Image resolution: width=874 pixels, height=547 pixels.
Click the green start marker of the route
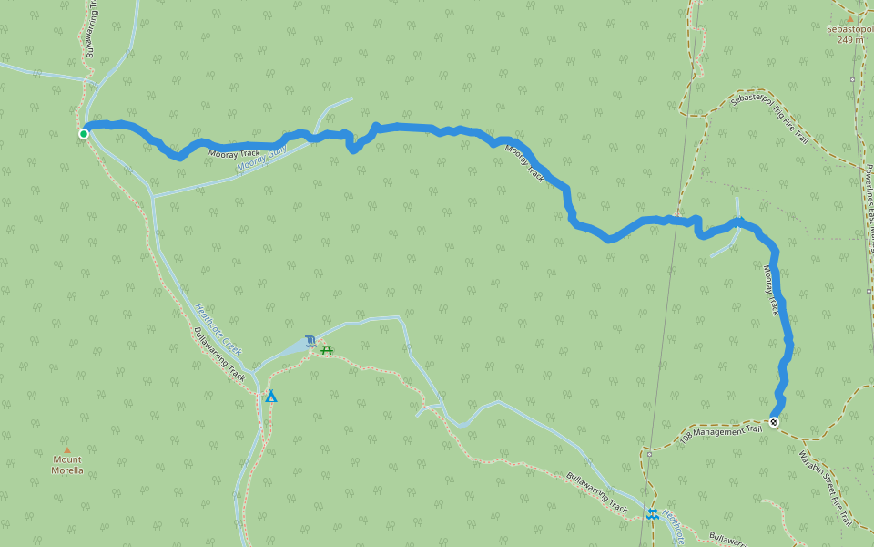pos(84,134)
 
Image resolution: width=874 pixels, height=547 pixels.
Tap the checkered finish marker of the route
pos(774,422)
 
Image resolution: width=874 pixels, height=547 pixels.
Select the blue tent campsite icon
pos(270,397)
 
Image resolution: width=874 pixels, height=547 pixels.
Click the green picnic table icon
pos(327,349)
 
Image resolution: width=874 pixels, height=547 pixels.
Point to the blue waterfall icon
pos(311,342)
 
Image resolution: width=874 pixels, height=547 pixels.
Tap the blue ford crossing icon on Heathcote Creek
pos(652,514)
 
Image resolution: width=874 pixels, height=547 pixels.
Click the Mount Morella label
pos(66,465)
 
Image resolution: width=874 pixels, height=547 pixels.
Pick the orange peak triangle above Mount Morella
pos(66,449)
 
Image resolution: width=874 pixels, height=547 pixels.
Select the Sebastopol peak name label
pos(849,29)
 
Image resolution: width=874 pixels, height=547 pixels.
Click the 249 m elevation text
pos(849,39)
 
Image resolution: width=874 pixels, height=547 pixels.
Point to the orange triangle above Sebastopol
pos(850,17)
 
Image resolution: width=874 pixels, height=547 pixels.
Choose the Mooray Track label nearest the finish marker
pos(773,289)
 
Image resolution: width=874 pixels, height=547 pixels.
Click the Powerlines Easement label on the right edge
pos(869,210)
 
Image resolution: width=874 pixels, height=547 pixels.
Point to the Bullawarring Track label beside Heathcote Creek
pos(219,354)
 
